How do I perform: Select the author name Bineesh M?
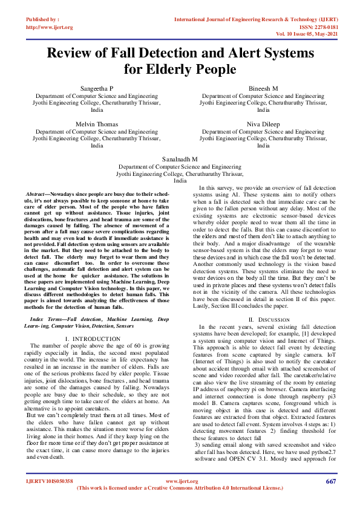[x=263, y=88]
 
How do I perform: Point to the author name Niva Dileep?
[x=263, y=124]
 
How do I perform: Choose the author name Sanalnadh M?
[x=180, y=158]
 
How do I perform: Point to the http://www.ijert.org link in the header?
[x=50, y=27]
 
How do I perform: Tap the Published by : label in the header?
[x=43, y=19]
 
